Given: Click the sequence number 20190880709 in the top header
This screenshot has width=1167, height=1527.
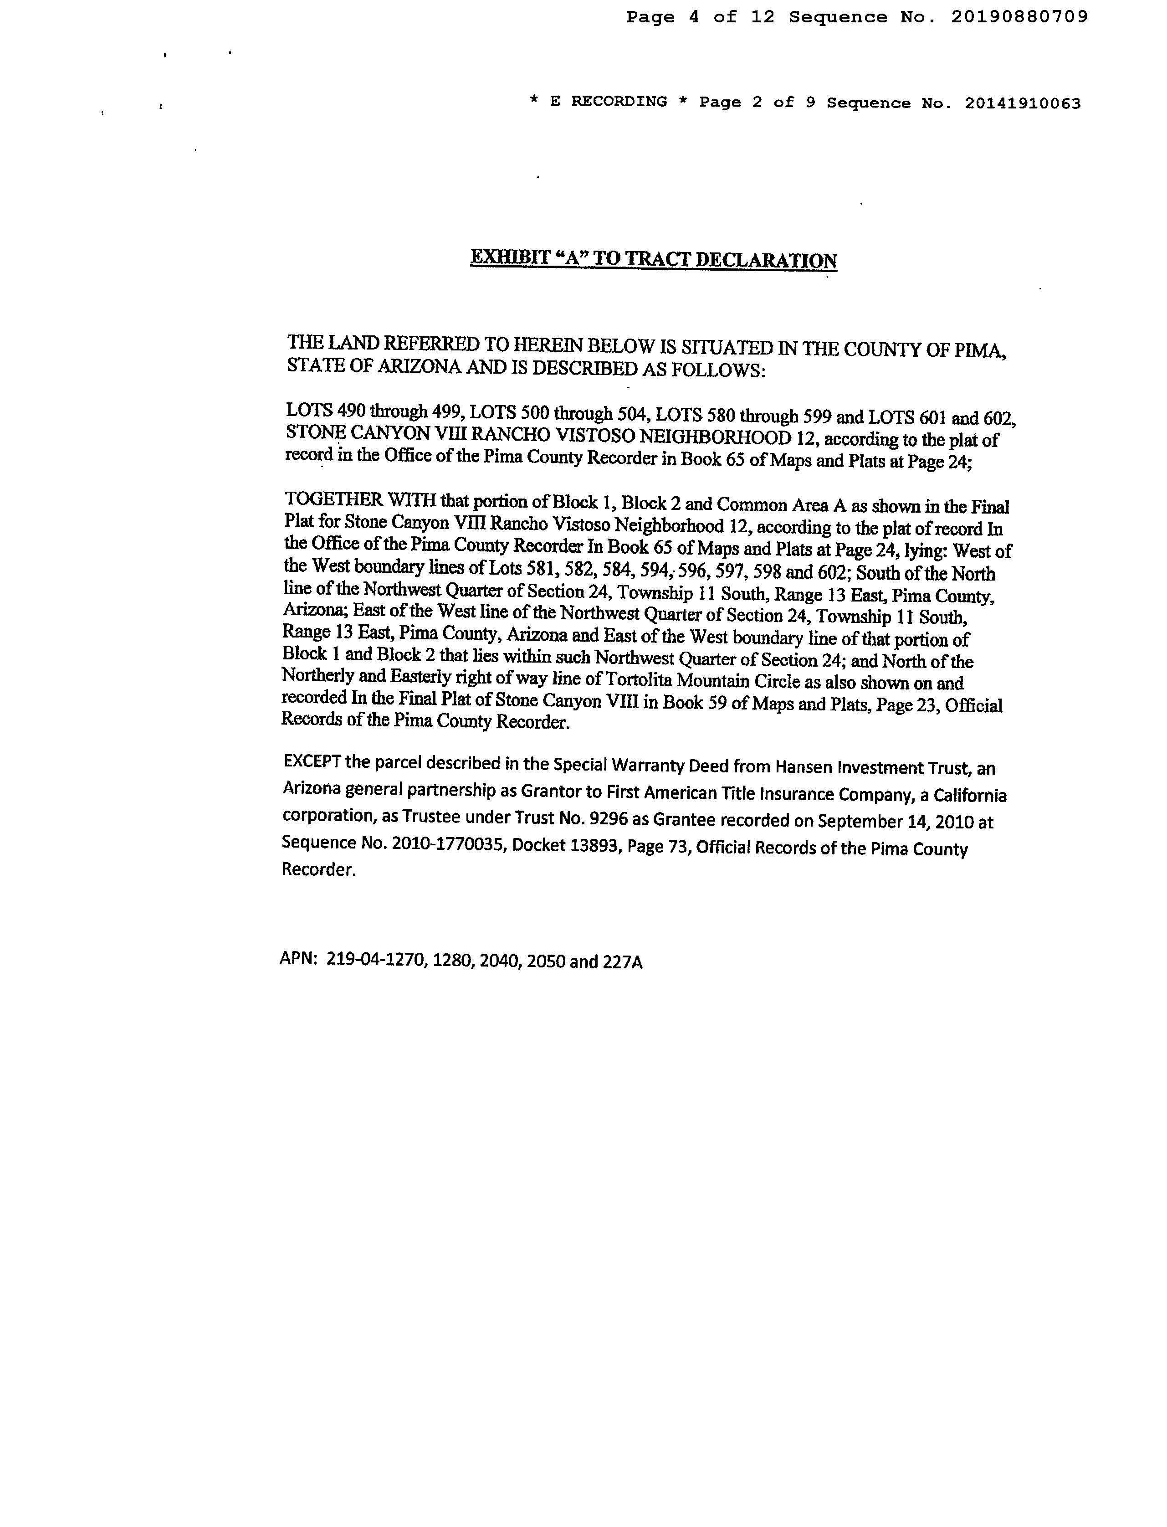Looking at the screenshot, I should pyautogui.click(x=1019, y=17).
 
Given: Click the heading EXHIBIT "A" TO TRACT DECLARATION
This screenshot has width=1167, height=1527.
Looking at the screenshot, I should pyautogui.click(x=653, y=259).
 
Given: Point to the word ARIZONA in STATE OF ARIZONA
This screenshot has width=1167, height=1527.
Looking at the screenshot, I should pyautogui.click(x=419, y=367).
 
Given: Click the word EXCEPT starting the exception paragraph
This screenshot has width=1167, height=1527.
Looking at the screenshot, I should pyautogui.click(x=312, y=761).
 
